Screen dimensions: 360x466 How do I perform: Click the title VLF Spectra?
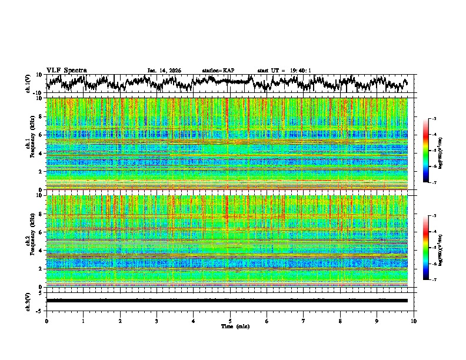point(66,70)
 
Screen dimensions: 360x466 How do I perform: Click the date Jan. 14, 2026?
point(164,71)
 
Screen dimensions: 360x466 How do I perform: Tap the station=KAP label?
point(218,71)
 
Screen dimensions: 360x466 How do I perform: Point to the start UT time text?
point(284,71)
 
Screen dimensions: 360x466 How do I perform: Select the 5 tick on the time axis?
point(230,321)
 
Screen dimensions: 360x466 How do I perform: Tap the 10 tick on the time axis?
point(414,321)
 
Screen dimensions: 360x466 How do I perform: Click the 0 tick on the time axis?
point(46,321)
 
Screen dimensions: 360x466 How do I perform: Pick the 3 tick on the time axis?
point(157,321)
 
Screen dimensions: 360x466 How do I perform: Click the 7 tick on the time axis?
point(304,321)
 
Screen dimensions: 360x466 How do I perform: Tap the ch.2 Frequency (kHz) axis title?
point(29,240)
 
